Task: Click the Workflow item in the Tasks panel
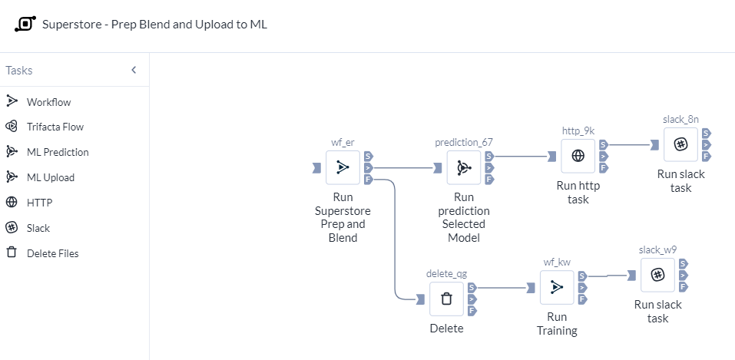point(48,101)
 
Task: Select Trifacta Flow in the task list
point(55,127)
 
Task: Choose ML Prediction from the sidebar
point(57,152)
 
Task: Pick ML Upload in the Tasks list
point(50,177)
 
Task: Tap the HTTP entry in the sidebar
point(39,203)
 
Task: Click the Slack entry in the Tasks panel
point(38,228)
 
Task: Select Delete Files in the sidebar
point(52,253)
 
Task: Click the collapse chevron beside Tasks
point(134,70)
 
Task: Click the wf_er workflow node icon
point(343,167)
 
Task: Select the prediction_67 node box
point(464,167)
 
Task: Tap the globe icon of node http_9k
point(578,156)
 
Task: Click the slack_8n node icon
point(680,144)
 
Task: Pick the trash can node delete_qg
point(446,299)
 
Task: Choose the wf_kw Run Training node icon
point(557,287)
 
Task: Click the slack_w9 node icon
point(657,275)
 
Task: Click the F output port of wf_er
point(369,180)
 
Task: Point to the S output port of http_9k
point(604,144)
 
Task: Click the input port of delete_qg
point(420,299)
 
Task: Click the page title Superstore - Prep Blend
point(154,24)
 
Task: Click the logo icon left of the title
point(25,24)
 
